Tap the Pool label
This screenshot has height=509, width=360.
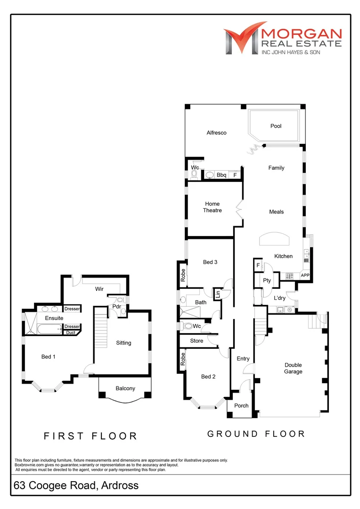coord(276,126)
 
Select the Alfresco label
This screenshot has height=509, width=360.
coord(216,133)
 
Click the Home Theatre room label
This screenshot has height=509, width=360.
coord(212,207)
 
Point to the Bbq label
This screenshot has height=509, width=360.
coord(221,175)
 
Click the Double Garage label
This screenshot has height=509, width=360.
coord(293,368)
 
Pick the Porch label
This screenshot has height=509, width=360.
coord(241,406)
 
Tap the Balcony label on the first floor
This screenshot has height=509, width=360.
coord(125,388)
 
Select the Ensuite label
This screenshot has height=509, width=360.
coord(48,318)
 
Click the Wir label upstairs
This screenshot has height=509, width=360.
coord(99,289)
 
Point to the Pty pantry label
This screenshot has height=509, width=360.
coord(266,281)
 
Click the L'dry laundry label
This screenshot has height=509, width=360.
coord(280,298)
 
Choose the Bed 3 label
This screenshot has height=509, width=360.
coord(210,262)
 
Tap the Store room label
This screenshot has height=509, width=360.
coord(196,341)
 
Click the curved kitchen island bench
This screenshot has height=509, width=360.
coord(275,239)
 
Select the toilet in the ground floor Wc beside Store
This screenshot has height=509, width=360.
coord(188,326)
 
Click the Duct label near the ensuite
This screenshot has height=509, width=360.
coord(71,333)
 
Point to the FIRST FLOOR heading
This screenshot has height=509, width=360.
coord(90,436)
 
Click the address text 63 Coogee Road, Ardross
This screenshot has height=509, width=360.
coord(76,485)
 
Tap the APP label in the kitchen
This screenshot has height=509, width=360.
coord(305,275)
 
